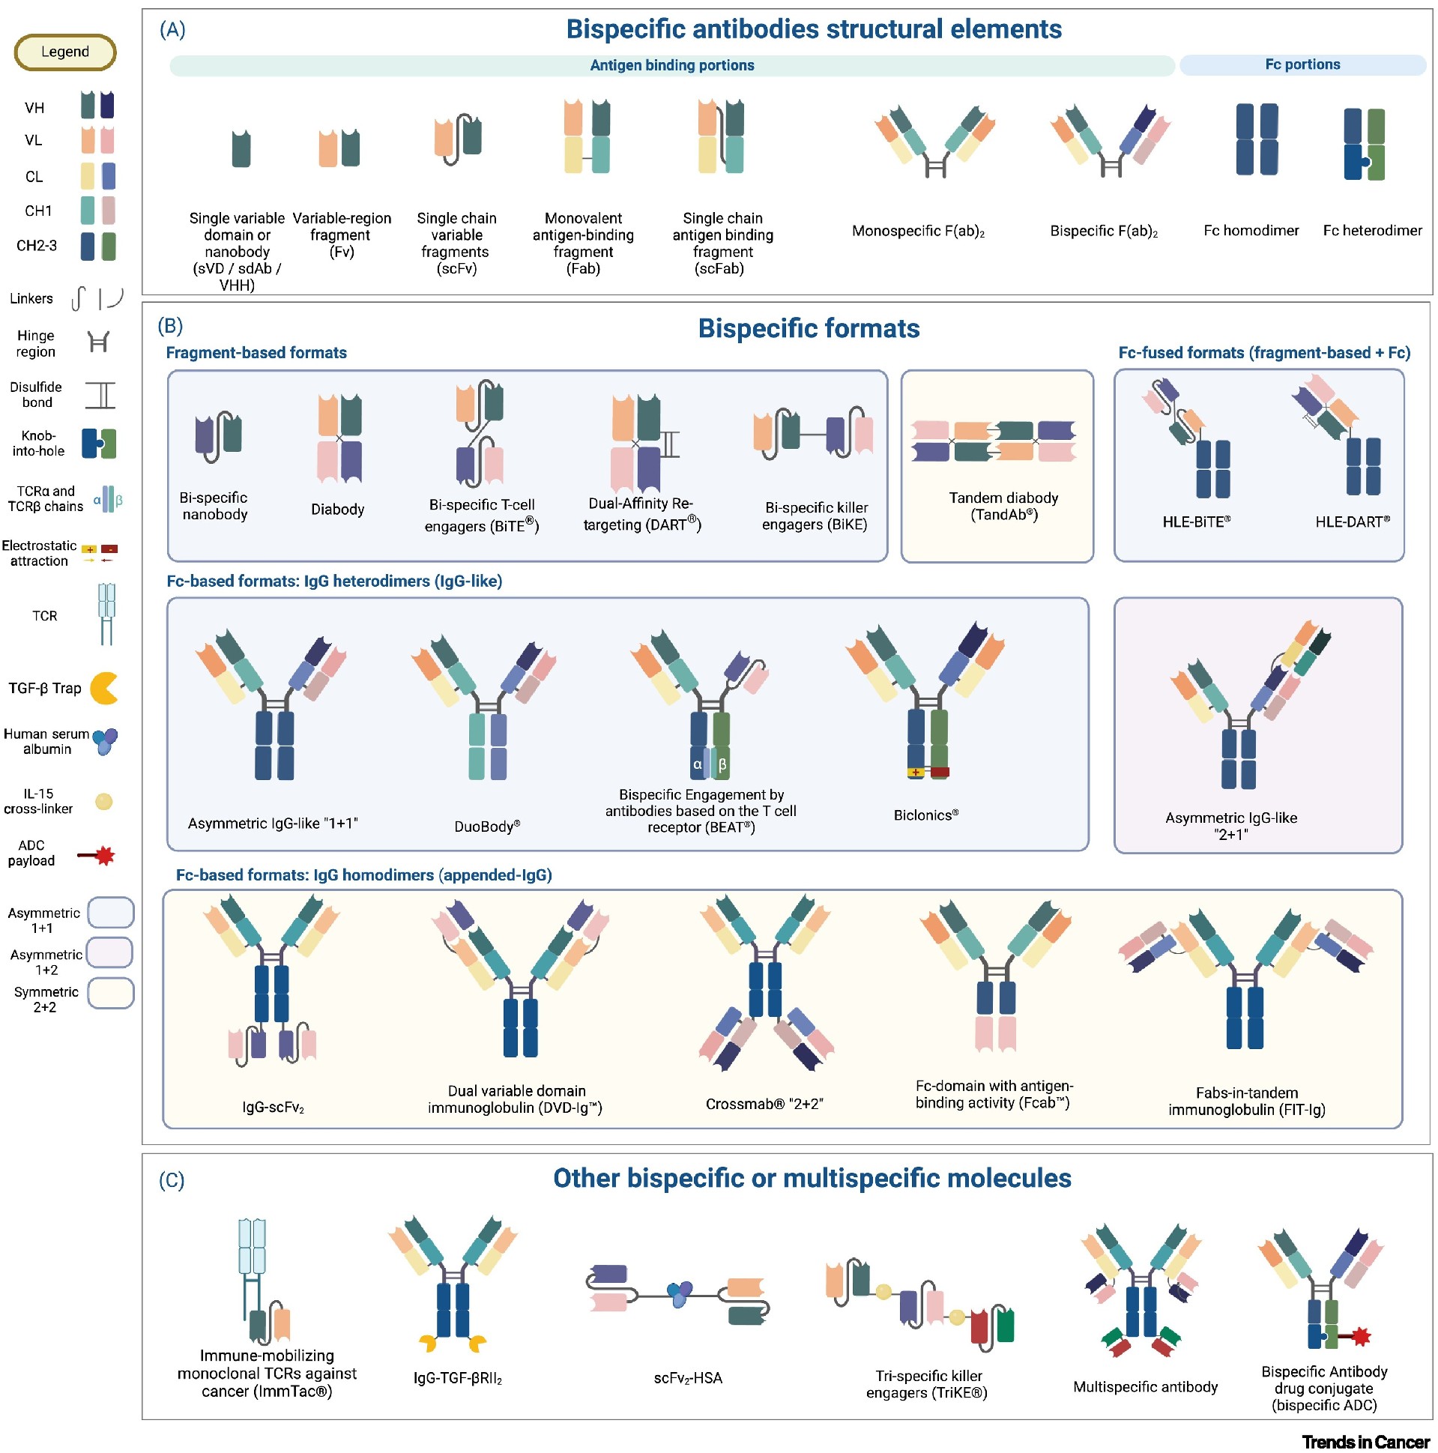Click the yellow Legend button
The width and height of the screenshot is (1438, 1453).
pos(64,52)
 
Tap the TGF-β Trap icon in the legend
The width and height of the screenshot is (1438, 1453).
pos(104,688)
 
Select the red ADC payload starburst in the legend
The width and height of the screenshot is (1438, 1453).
pos(105,855)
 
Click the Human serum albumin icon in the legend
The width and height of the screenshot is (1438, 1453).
pos(105,741)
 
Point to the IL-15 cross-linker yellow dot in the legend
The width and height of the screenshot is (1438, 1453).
pos(104,801)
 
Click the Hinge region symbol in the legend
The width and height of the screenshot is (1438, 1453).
pos(98,342)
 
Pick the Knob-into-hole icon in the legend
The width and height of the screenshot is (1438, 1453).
pos(98,444)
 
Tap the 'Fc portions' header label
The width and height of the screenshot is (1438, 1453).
pos(1302,64)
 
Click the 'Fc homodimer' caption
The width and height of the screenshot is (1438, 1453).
pos(1251,230)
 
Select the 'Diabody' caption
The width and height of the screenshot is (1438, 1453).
pos(338,509)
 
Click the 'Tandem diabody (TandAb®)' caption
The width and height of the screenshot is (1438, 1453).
pos(1003,506)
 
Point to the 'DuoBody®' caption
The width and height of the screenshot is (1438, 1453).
pos(486,826)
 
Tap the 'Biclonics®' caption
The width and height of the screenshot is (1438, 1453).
pos(926,815)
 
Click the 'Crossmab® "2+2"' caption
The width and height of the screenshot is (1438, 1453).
pos(764,1103)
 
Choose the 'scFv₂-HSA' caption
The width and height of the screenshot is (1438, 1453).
pos(687,1378)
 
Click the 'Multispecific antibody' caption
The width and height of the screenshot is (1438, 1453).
pos(1145,1386)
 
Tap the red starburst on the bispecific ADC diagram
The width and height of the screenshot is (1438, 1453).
pos(1361,1336)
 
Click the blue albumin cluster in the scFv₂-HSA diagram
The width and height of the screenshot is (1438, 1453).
pos(680,1293)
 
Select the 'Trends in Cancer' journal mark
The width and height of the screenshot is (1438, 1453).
pos(1365,1441)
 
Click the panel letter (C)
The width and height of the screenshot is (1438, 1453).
pos(172,1179)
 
